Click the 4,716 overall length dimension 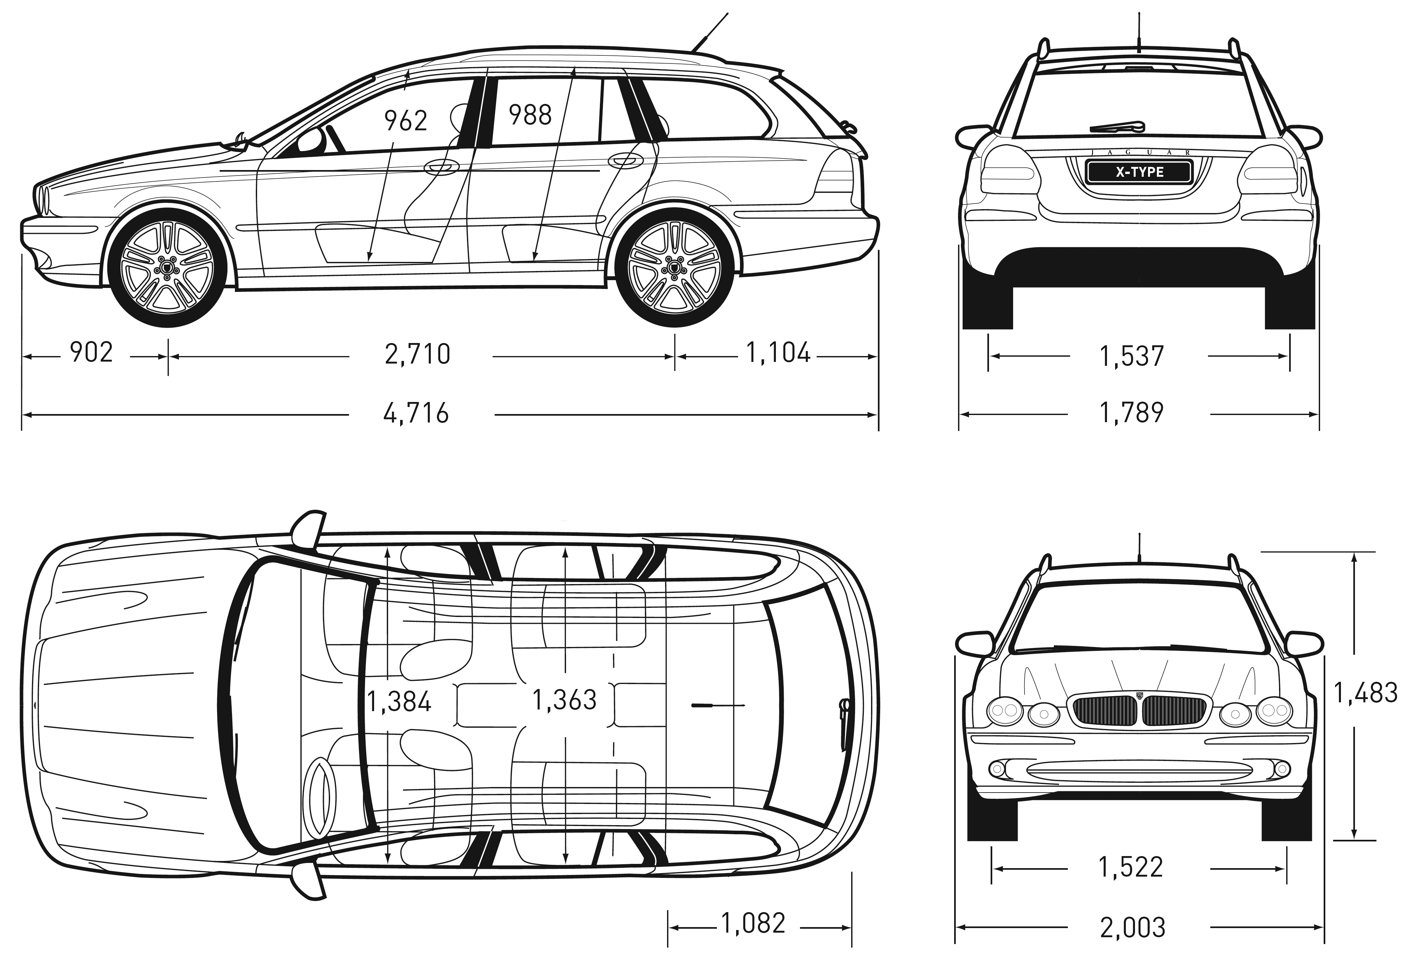click(x=416, y=413)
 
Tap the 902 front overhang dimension click(x=92, y=352)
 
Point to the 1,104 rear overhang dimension click(x=778, y=352)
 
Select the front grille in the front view click(x=1138, y=710)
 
